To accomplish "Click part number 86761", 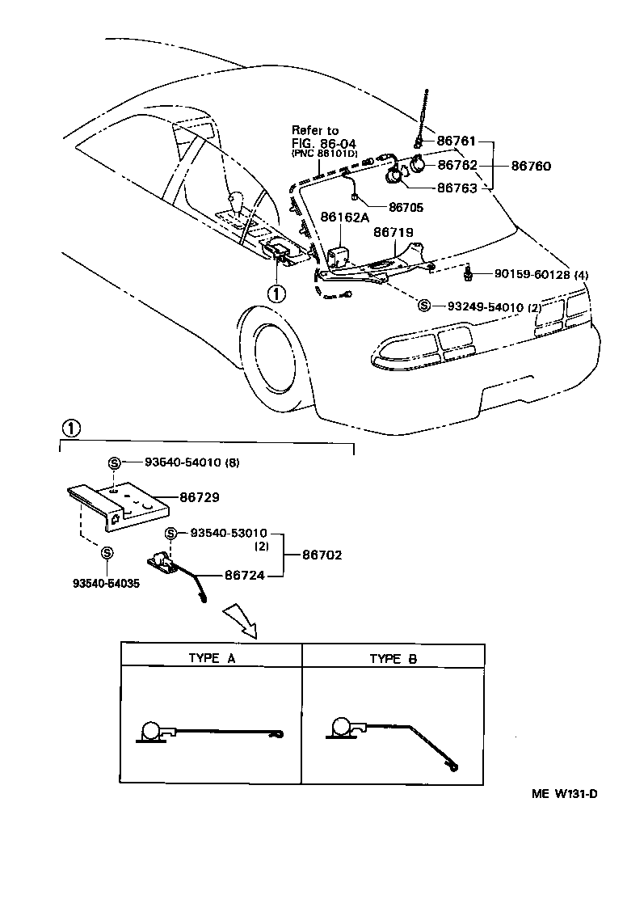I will coord(458,141).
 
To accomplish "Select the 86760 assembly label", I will coord(530,166).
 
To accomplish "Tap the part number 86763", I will coord(458,188).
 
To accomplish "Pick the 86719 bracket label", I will coord(393,232).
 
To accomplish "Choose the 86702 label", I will coord(322,555).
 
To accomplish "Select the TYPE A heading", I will coord(211,658).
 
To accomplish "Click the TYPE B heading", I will coord(393,658).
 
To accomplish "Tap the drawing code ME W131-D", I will coord(564,793).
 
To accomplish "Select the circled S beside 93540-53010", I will coord(171,534).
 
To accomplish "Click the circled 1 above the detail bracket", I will coord(71,428).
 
